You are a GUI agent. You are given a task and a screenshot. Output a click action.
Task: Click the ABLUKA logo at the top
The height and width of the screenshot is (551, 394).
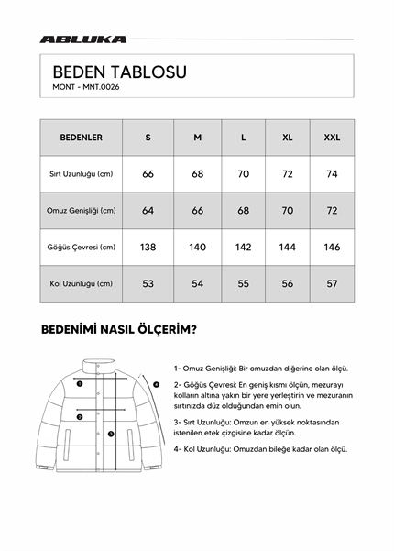83,39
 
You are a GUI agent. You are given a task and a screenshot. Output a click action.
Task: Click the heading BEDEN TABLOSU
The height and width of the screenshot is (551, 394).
120,71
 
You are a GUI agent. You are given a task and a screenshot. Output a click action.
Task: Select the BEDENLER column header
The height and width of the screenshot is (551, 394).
81,137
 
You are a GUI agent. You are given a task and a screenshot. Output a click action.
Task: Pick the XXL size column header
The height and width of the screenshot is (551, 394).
332,137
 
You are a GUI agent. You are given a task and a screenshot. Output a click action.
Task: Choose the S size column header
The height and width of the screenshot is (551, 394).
148,137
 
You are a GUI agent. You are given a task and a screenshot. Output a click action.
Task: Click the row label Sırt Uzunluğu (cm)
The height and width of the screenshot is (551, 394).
81,173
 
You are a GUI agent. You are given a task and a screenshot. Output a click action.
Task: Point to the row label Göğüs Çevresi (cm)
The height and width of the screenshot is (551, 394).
81,247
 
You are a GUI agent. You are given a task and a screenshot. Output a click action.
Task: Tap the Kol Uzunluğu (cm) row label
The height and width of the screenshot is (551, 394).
81,283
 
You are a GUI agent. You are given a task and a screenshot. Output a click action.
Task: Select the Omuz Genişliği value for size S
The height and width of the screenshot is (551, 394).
148,210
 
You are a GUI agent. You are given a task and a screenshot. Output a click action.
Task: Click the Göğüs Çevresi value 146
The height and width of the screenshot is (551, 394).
332,247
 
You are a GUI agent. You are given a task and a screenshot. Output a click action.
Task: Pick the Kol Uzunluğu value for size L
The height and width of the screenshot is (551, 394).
243,283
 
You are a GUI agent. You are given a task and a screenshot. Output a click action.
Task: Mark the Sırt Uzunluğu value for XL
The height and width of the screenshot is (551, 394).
288,173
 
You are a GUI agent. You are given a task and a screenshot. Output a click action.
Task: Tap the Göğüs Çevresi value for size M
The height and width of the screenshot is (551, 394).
197,247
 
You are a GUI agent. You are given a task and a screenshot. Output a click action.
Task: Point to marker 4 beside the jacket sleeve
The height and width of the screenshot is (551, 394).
157,384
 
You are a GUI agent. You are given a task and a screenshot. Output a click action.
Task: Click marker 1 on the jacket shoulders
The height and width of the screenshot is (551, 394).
81,384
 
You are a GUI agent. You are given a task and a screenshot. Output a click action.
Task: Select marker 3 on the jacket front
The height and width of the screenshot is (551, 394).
110,434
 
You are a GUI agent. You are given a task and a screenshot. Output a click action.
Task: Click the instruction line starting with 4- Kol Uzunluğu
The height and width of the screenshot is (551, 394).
260,449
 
